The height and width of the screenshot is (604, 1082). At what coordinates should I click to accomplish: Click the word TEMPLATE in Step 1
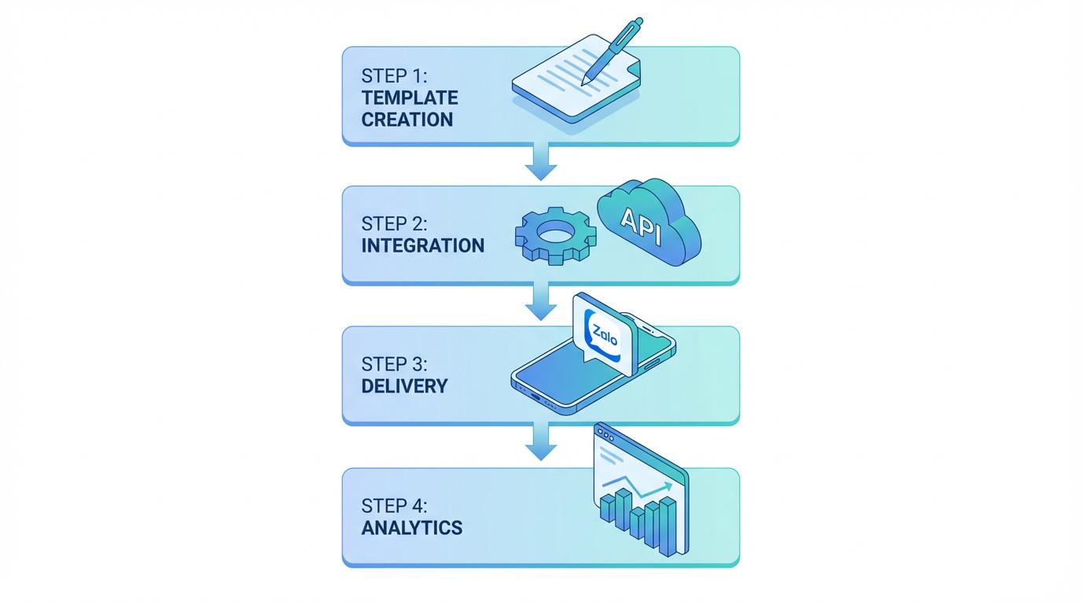410,98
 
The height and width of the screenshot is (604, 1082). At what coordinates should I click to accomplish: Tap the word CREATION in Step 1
407,120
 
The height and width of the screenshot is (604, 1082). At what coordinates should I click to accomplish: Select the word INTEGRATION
423,245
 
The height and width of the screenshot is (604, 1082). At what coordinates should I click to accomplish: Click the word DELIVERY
404,386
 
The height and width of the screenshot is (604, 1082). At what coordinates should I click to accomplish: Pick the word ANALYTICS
412,528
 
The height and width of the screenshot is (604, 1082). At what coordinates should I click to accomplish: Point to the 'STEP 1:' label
392,76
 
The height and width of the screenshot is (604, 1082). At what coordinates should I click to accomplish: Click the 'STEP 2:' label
394,223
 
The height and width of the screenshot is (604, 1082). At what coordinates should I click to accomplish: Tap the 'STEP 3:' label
394,364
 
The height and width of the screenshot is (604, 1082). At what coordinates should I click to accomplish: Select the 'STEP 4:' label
394,506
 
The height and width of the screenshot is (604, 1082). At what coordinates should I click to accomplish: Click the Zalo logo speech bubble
602,334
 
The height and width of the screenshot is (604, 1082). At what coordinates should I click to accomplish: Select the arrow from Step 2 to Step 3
541,303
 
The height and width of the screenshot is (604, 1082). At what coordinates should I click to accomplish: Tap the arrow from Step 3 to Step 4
541,442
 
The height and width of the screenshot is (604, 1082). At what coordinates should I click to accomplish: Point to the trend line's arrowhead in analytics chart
669,485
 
